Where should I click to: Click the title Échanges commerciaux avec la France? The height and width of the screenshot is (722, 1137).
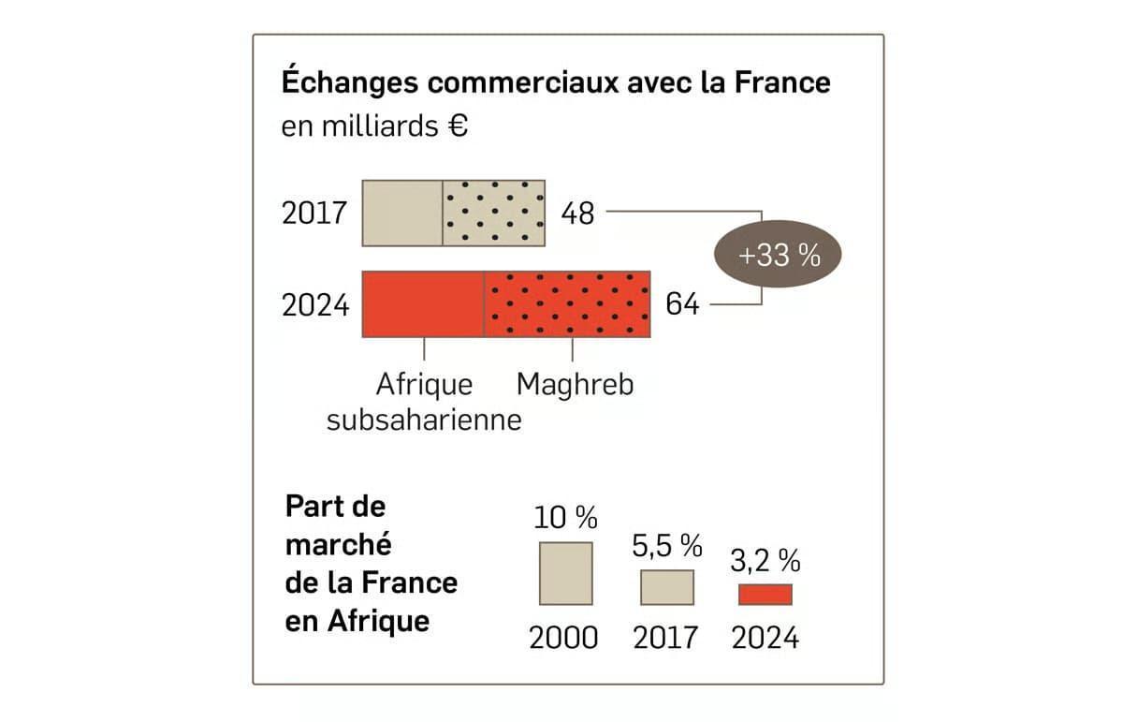[556, 82]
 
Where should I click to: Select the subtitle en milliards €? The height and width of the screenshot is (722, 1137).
[374, 126]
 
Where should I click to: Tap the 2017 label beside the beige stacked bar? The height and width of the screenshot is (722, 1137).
[314, 214]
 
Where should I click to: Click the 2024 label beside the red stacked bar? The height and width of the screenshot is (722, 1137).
[315, 305]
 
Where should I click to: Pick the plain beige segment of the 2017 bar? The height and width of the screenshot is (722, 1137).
[402, 214]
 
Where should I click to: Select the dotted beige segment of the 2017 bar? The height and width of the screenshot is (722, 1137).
[493, 214]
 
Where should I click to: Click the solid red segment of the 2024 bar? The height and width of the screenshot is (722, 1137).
[423, 304]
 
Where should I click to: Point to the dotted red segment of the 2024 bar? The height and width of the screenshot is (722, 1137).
[567, 304]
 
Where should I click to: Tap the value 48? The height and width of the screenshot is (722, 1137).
[577, 214]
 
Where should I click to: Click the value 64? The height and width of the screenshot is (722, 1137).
[682, 304]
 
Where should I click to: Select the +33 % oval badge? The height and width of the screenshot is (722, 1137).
[779, 254]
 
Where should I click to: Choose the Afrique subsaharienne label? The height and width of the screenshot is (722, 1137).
[424, 402]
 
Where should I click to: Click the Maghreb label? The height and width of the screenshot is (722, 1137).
[575, 385]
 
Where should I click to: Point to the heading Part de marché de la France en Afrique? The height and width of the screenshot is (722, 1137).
[372, 563]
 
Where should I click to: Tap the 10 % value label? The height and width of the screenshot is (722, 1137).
[565, 517]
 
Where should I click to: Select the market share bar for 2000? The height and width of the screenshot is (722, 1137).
[565, 573]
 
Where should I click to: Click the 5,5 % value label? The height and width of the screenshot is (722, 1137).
[667, 545]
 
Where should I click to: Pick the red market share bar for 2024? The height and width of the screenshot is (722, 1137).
[765, 595]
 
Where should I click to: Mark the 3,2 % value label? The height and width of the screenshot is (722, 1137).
[765, 561]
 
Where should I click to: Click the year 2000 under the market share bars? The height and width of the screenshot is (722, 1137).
[563, 639]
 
